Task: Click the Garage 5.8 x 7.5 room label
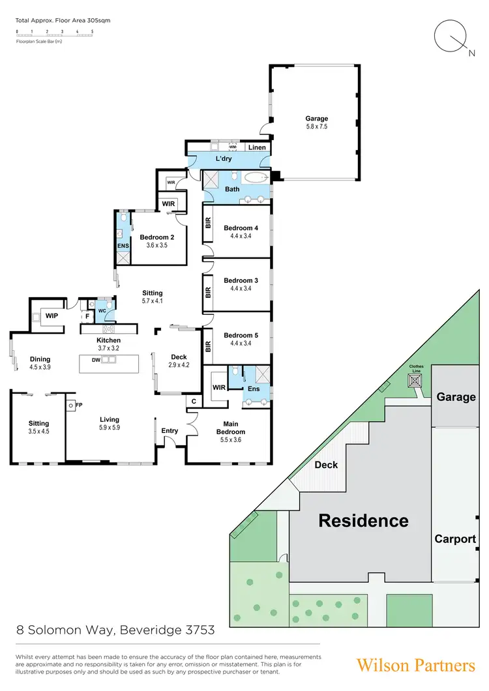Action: click(x=317, y=123)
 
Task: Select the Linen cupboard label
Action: click(x=257, y=148)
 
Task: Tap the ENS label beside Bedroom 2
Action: click(x=123, y=246)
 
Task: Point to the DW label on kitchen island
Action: click(x=95, y=360)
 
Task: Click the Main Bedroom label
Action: click(x=231, y=428)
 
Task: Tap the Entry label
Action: click(x=170, y=431)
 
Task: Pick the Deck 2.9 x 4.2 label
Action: click(x=179, y=360)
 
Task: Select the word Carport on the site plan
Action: click(x=454, y=539)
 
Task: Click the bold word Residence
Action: click(x=363, y=521)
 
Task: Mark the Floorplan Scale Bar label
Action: click(x=38, y=42)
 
